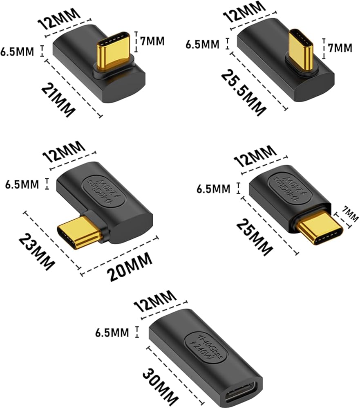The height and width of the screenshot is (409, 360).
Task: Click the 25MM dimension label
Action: click(x=255, y=237)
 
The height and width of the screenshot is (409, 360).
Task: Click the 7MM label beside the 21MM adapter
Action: click(x=152, y=41)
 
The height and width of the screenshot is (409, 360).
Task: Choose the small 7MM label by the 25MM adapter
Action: click(x=350, y=214)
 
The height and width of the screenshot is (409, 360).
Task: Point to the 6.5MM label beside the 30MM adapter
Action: click(x=112, y=333)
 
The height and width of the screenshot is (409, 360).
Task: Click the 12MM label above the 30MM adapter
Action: click(x=155, y=301)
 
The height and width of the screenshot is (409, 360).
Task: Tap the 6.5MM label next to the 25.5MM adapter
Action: click(x=202, y=44)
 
